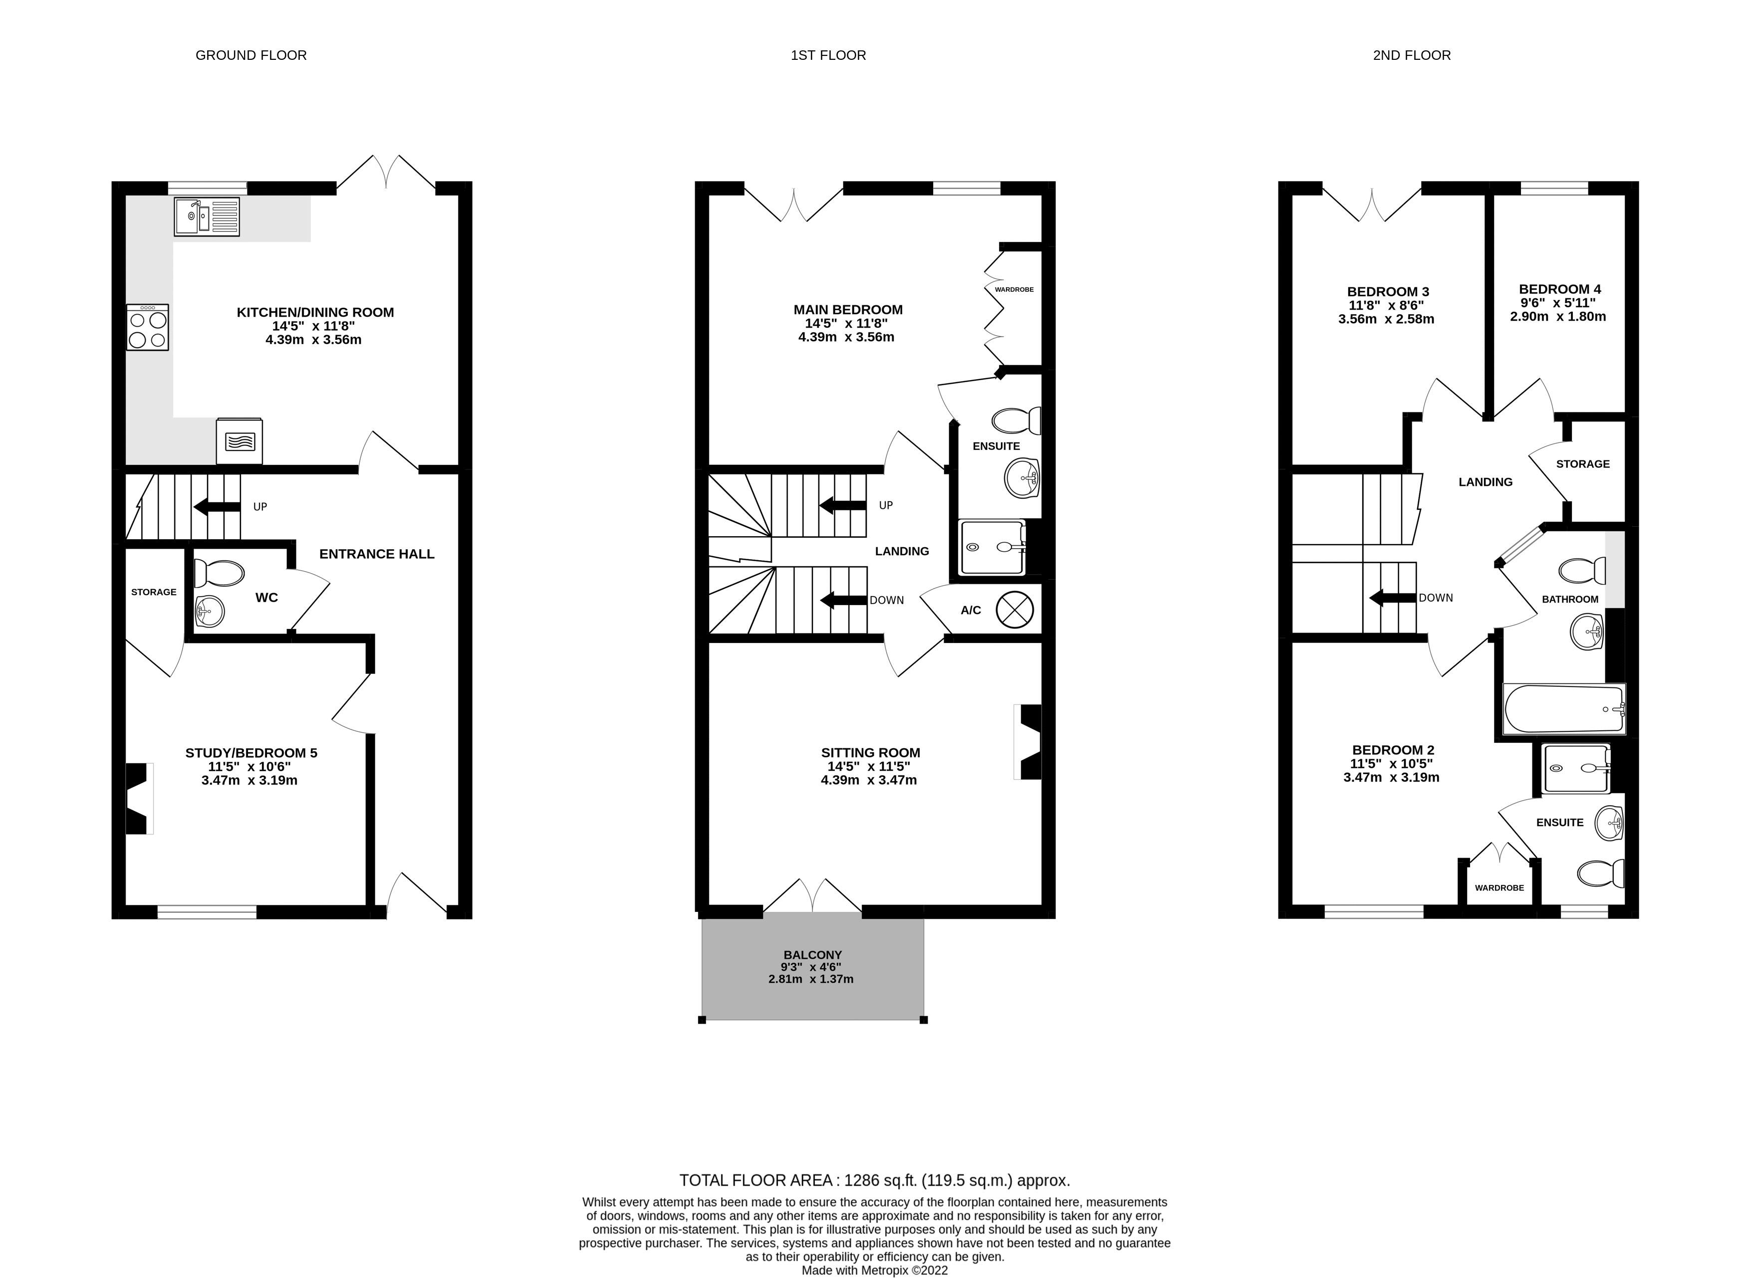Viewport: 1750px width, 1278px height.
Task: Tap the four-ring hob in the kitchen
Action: (148, 327)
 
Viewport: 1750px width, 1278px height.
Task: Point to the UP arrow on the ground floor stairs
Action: (217, 507)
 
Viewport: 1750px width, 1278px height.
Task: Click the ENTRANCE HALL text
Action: (377, 554)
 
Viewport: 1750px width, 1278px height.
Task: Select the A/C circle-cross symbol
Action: (1014, 610)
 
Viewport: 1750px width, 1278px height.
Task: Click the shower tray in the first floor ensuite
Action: (992, 548)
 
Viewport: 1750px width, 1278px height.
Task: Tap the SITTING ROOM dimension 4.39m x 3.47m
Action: (868, 780)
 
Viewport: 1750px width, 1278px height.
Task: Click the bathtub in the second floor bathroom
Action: (1563, 709)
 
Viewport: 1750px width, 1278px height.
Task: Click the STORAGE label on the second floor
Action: (1582, 464)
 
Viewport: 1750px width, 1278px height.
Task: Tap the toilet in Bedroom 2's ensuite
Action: (1599, 874)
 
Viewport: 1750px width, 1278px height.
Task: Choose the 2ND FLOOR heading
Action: (1411, 55)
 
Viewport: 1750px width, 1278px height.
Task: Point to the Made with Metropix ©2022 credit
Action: (874, 1270)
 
